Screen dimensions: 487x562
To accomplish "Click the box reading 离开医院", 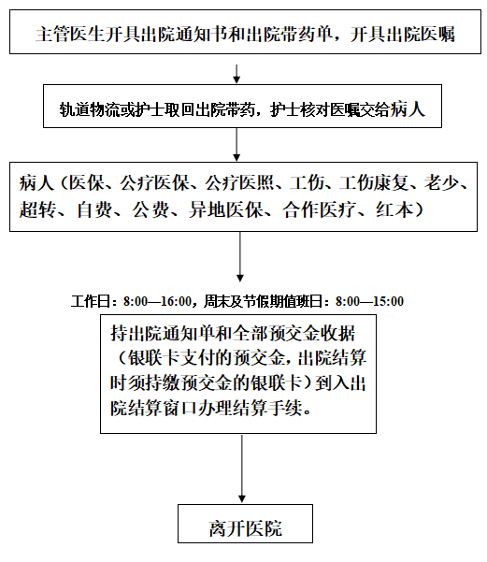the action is coord(245,524).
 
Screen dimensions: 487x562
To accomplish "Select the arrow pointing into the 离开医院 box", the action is coord(242,468).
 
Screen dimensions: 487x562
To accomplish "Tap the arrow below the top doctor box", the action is coord(236,74).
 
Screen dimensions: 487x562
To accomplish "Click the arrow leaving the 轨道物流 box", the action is coord(236,144).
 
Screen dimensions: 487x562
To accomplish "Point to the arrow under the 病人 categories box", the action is coord(240,256).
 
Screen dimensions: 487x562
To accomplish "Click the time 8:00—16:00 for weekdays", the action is coord(158,301).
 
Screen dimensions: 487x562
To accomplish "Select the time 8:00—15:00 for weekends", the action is coord(369,301).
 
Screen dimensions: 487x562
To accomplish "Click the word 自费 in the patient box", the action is coord(94,209).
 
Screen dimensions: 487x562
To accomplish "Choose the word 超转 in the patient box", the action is coord(37,209).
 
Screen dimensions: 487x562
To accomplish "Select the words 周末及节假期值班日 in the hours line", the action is coord(264,301).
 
